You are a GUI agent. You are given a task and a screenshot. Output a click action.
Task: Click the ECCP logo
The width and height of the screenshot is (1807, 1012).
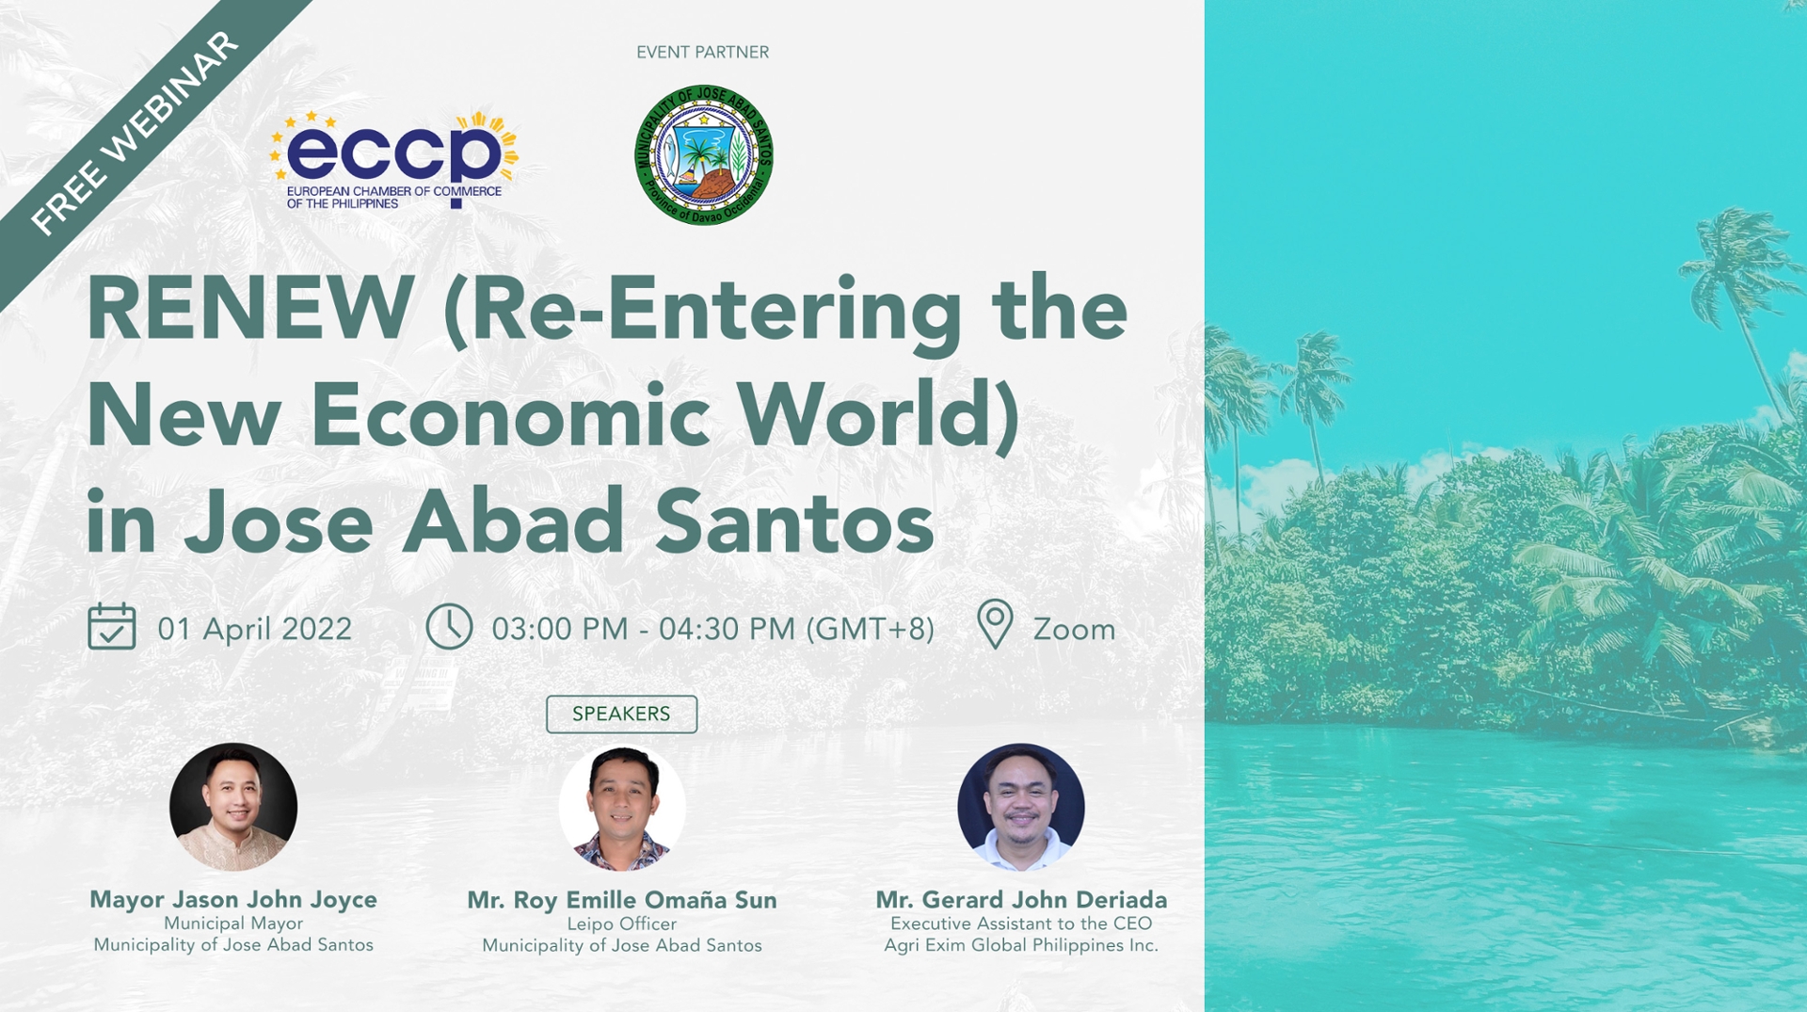pos(393,158)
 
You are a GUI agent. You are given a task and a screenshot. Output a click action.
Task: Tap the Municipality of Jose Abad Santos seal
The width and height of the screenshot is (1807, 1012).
pos(704,155)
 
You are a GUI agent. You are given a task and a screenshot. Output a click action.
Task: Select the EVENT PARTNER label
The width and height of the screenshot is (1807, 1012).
pos(702,53)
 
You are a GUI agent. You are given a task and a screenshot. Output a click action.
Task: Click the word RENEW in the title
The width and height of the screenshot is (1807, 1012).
pos(250,309)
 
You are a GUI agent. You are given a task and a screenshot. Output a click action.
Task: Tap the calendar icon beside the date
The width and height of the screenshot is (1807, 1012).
pos(111,627)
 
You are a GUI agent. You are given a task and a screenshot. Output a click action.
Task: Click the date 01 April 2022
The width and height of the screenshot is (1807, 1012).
pos(254,629)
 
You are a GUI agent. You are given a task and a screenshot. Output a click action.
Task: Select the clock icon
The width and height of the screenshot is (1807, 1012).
pos(449,627)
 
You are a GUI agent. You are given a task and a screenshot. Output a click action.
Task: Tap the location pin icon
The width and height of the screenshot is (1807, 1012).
pos(994,624)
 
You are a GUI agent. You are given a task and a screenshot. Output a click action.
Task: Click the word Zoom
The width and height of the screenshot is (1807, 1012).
pos(1073,629)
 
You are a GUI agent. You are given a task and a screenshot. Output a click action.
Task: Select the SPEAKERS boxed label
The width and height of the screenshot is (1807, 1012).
pos(621,714)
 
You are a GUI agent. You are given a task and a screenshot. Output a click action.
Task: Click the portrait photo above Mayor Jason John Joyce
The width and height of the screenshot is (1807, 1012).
pos(233,807)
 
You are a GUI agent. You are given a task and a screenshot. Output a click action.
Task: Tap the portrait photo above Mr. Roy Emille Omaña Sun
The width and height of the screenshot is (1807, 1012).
pos(622,808)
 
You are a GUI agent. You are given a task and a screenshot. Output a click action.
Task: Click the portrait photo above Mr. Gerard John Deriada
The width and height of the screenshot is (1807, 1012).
pos(1021,807)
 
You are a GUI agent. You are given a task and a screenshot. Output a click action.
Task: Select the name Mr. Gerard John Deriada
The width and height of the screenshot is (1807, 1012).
pos(1021,899)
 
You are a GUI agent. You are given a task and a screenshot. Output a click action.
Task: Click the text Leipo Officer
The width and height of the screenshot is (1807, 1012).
pos(621,924)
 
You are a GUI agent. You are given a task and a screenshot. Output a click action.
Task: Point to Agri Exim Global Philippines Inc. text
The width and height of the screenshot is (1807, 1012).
pos(1021,945)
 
